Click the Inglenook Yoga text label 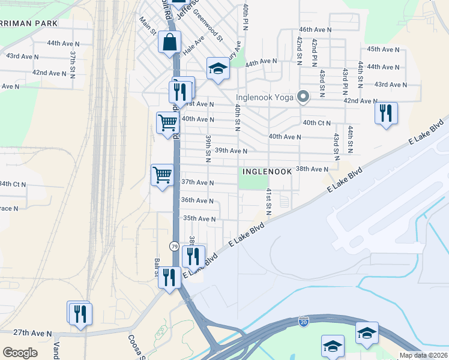click(264, 96)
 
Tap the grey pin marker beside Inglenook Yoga click(304, 96)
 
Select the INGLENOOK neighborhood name click(267, 172)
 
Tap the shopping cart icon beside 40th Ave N click(167, 122)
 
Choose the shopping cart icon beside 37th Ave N click(162, 175)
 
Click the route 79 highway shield click(174, 247)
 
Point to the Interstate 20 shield click(304, 322)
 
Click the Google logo click(20, 353)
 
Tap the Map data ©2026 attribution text click(424, 355)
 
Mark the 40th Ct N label click(317, 123)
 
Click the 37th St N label click(73, 62)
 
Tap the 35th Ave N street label click(199, 219)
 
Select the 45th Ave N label click(383, 49)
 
